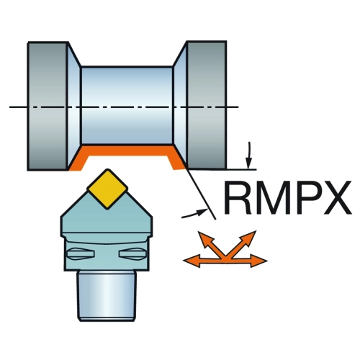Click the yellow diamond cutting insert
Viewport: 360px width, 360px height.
107,189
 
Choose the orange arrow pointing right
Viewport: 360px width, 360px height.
247,261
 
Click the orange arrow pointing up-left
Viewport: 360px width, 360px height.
210,243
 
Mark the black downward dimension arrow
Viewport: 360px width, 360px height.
249,156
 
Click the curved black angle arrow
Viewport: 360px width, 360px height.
194,214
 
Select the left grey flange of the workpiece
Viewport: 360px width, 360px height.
47,106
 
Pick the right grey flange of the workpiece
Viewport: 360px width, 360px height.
207,105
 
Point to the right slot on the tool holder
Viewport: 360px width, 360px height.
132,253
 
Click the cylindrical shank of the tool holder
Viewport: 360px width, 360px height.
107,296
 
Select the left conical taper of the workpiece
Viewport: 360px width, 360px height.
74,106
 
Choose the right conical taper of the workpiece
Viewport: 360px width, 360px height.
180,105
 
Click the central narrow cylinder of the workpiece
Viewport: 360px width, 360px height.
127,105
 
